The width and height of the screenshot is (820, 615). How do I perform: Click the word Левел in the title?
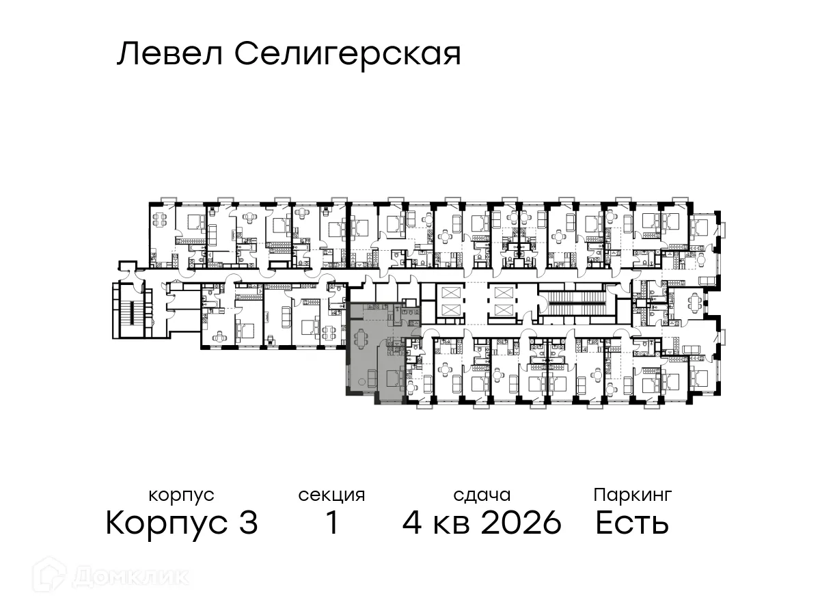click(x=169, y=54)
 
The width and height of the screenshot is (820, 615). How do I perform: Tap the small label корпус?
click(x=181, y=495)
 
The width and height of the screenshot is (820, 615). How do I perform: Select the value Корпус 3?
click(x=182, y=524)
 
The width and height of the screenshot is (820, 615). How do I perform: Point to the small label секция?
click(x=331, y=495)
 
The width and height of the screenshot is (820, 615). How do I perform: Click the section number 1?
click(x=332, y=524)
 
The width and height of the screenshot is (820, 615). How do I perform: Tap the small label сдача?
click(x=482, y=495)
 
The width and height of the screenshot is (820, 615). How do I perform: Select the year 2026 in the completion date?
click(x=521, y=524)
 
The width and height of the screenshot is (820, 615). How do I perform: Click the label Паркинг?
click(x=632, y=495)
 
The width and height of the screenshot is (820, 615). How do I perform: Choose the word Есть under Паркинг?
click(x=632, y=524)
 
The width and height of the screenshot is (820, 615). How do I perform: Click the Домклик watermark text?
click(x=130, y=576)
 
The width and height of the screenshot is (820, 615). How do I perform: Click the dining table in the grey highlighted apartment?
click(x=360, y=338)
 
